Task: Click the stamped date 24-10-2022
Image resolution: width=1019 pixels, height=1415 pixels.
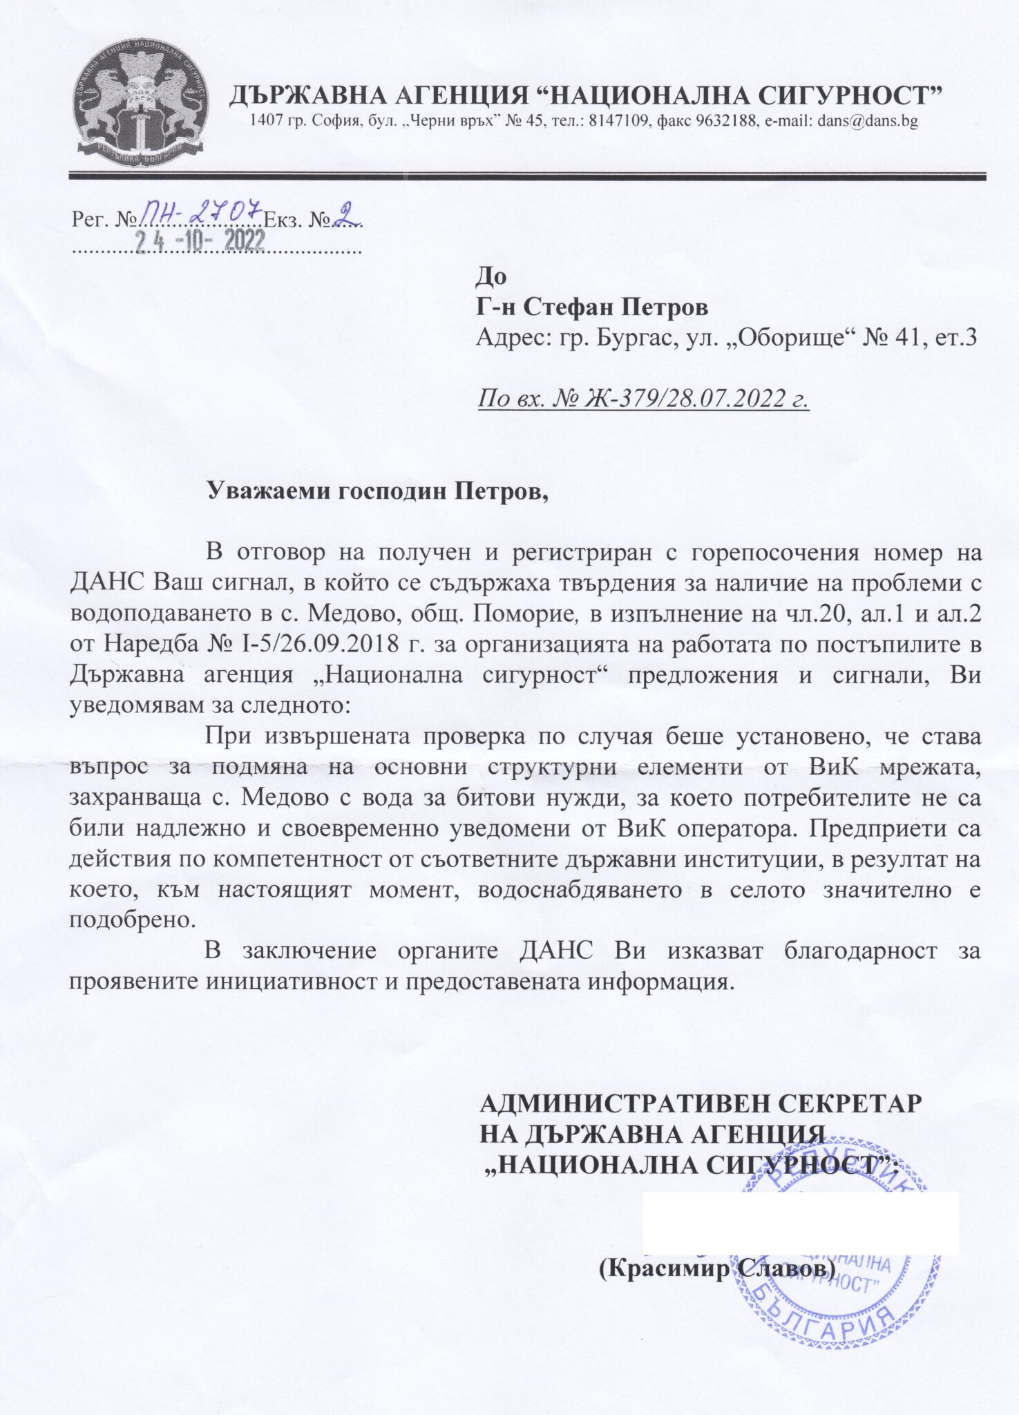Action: pyautogui.click(x=200, y=241)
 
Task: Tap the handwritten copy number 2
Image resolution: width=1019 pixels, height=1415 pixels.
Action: pyautogui.click(x=343, y=215)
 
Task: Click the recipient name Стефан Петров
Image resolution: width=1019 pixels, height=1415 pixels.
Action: pyautogui.click(x=615, y=307)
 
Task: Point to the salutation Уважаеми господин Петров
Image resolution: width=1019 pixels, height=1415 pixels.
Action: pyautogui.click(x=377, y=491)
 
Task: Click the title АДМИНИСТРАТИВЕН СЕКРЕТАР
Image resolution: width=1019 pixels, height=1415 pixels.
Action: pyautogui.click(x=701, y=1103)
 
